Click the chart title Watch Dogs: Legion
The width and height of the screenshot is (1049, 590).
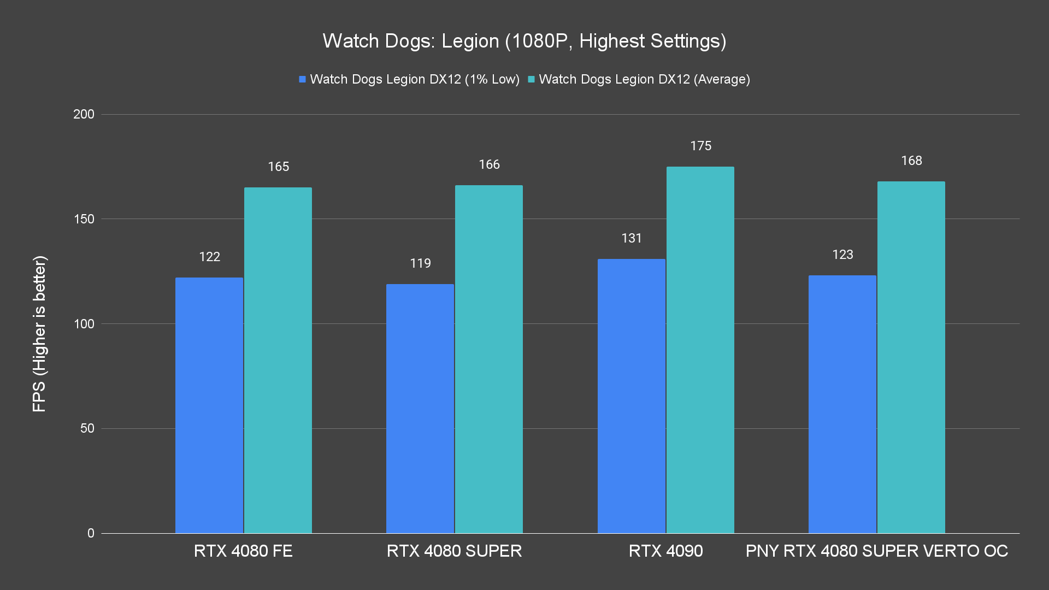[x=524, y=41]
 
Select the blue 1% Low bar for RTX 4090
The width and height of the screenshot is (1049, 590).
[x=631, y=396]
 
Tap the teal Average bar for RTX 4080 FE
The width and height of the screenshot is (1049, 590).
[x=278, y=361]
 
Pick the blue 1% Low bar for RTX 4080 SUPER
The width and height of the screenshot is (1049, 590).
[x=420, y=409]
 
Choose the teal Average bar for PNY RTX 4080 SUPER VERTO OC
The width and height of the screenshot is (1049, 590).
[x=911, y=357]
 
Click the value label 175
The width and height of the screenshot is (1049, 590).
[x=700, y=146]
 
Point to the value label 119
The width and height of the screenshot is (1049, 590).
[x=420, y=263]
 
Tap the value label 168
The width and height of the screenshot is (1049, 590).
[x=911, y=161]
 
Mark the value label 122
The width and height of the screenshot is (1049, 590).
[x=209, y=257]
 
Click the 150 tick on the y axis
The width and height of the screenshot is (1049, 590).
[x=84, y=219]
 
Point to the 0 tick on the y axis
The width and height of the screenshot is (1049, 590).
[x=91, y=533]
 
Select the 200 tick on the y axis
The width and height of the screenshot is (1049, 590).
[x=84, y=114]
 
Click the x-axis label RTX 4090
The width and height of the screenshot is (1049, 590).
[x=665, y=551]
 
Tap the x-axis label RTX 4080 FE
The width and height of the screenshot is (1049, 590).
[x=243, y=551]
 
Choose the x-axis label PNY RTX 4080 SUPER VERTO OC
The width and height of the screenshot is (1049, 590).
[x=876, y=551]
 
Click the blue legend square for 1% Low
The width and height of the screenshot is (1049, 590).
[x=302, y=80]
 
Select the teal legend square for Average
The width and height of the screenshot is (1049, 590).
[x=531, y=80]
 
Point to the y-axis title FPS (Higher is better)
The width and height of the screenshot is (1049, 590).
[x=39, y=333]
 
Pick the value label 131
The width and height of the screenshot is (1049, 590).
[x=631, y=238]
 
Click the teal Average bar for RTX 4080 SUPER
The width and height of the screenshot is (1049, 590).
[x=489, y=359]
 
